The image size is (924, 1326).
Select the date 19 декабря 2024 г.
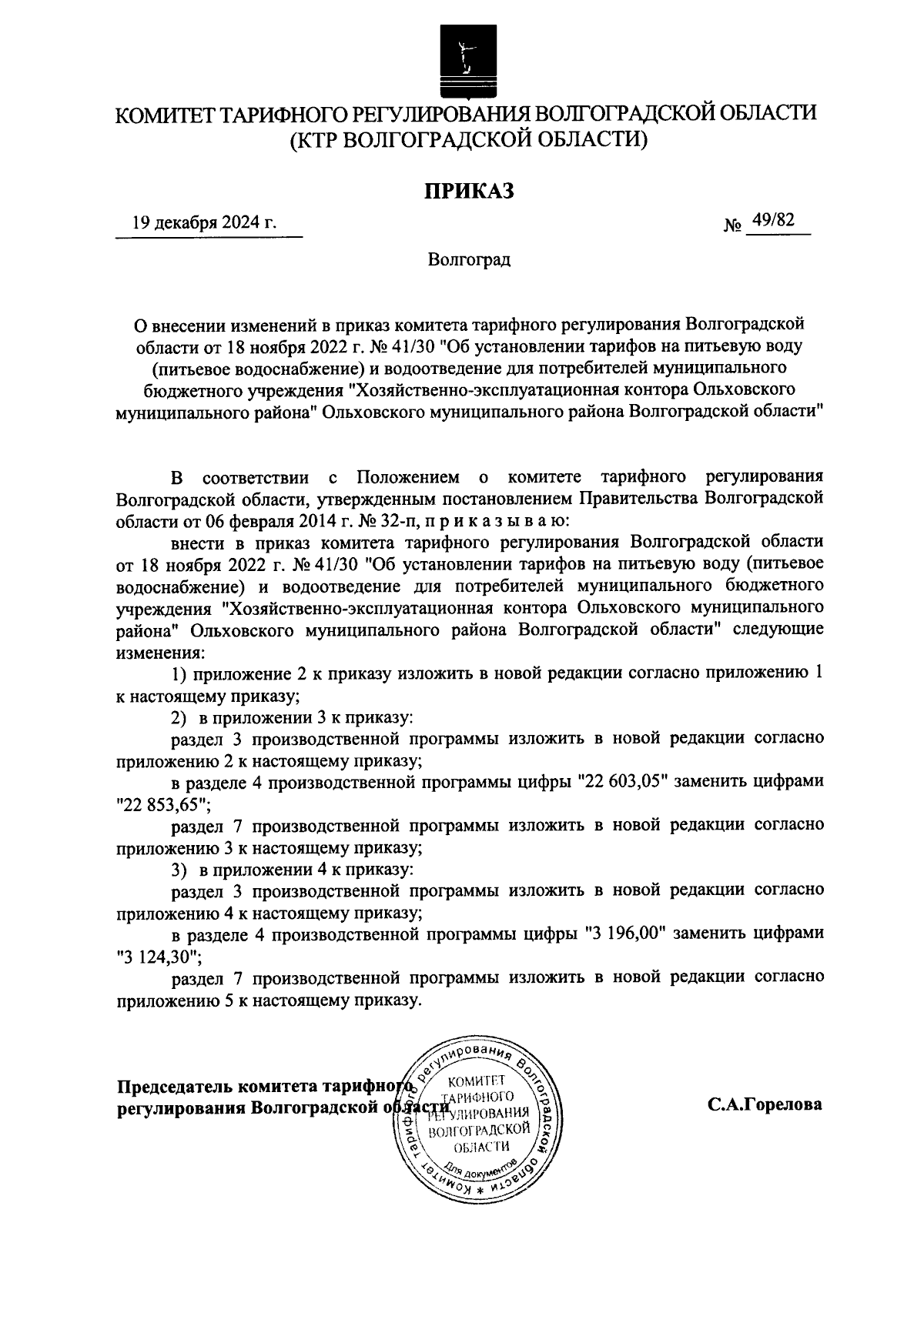(x=204, y=223)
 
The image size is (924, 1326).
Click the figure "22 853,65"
(x=160, y=803)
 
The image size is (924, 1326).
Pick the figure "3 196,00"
(x=627, y=934)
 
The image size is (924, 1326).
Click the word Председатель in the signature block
(x=176, y=1086)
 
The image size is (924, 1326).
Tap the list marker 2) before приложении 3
(x=179, y=717)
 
